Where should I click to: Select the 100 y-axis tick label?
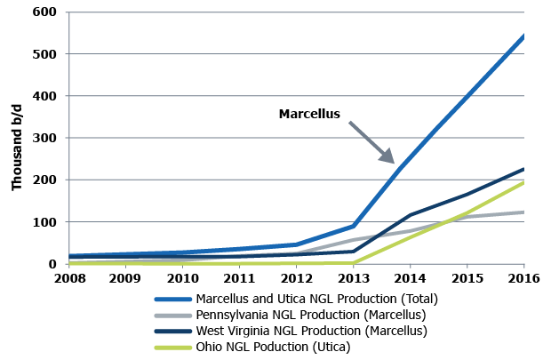pos(46,222)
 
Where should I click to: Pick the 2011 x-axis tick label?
pos(239,278)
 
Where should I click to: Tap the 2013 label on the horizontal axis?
pos(353,278)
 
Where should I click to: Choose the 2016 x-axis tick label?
pos(523,278)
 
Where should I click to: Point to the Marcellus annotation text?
pos(309,114)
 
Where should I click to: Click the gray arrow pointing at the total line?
pos(372,142)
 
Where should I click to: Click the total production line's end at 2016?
pos(523,36)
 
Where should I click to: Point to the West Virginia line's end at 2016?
pos(523,169)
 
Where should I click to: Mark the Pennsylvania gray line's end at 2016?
pos(523,212)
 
